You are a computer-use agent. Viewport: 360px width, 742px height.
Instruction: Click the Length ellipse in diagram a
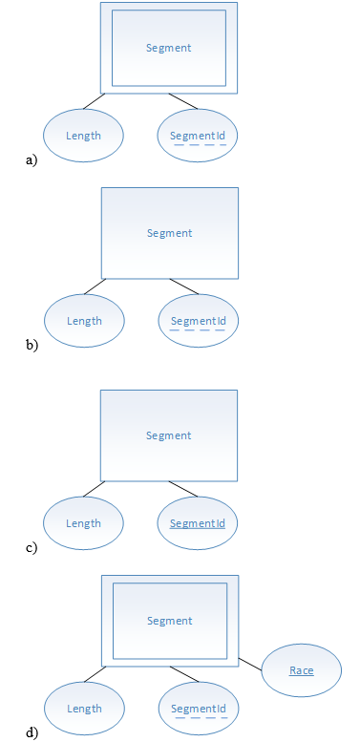pos(83,135)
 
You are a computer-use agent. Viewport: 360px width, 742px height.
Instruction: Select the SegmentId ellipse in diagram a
pos(198,136)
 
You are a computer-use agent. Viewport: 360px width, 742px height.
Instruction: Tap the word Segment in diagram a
pos(169,47)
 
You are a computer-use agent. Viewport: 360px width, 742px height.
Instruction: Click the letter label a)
pos(32,160)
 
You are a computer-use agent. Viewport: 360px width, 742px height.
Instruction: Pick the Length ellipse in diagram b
pos(84,321)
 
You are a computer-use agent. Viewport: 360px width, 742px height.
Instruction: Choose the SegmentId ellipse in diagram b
pos(198,321)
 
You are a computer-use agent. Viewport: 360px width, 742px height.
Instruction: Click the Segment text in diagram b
pos(170,233)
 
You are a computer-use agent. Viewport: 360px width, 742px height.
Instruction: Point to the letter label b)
pos(32,346)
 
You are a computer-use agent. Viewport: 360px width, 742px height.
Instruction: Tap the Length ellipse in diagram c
pos(84,523)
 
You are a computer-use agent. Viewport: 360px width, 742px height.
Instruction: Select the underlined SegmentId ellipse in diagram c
pos(198,523)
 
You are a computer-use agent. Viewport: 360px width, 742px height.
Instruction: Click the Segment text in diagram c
pos(169,435)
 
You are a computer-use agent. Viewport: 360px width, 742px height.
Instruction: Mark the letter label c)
pos(32,548)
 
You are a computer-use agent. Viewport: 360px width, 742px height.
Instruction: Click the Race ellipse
pos(301,670)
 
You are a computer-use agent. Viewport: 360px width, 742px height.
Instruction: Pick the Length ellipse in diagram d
pos(84,709)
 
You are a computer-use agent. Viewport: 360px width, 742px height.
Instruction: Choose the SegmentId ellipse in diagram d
pos(198,709)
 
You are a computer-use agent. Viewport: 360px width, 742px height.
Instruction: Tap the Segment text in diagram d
pos(170,621)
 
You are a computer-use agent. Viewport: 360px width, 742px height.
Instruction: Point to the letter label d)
pos(32,733)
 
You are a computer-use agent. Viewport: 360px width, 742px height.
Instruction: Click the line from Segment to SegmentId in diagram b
pos(184,286)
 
